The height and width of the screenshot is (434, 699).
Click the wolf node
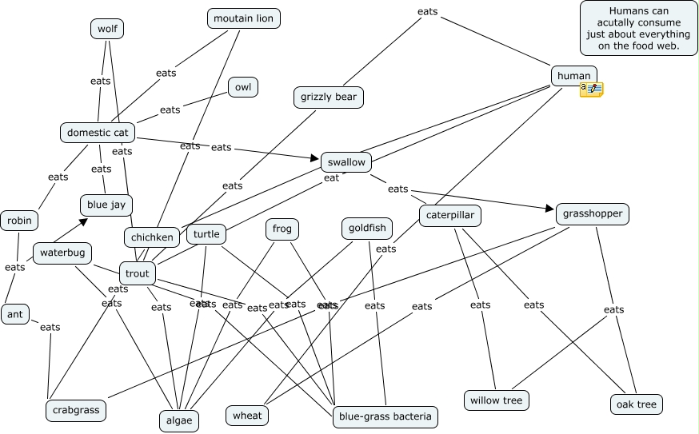point(107,30)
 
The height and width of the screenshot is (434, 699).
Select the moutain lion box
point(244,18)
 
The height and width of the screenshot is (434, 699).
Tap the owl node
point(243,87)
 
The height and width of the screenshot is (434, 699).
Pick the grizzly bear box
point(329,98)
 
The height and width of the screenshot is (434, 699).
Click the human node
point(573,76)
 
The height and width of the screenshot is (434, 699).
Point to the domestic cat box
point(98,132)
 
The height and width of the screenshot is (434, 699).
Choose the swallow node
point(346,162)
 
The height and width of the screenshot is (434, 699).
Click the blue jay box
point(106,205)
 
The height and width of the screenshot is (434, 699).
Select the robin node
point(19,220)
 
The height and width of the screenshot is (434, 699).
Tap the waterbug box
point(62,253)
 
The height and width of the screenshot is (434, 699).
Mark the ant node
point(15,314)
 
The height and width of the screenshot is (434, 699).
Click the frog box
point(282,229)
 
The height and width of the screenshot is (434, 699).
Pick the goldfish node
point(367,229)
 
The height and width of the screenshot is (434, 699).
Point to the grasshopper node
point(593,213)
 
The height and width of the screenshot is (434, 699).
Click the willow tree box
point(496,400)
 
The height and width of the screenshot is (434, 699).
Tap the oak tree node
point(637,404)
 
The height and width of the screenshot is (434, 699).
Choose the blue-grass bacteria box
point(385,416)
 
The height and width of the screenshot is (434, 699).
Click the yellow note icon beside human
point(592,89)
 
